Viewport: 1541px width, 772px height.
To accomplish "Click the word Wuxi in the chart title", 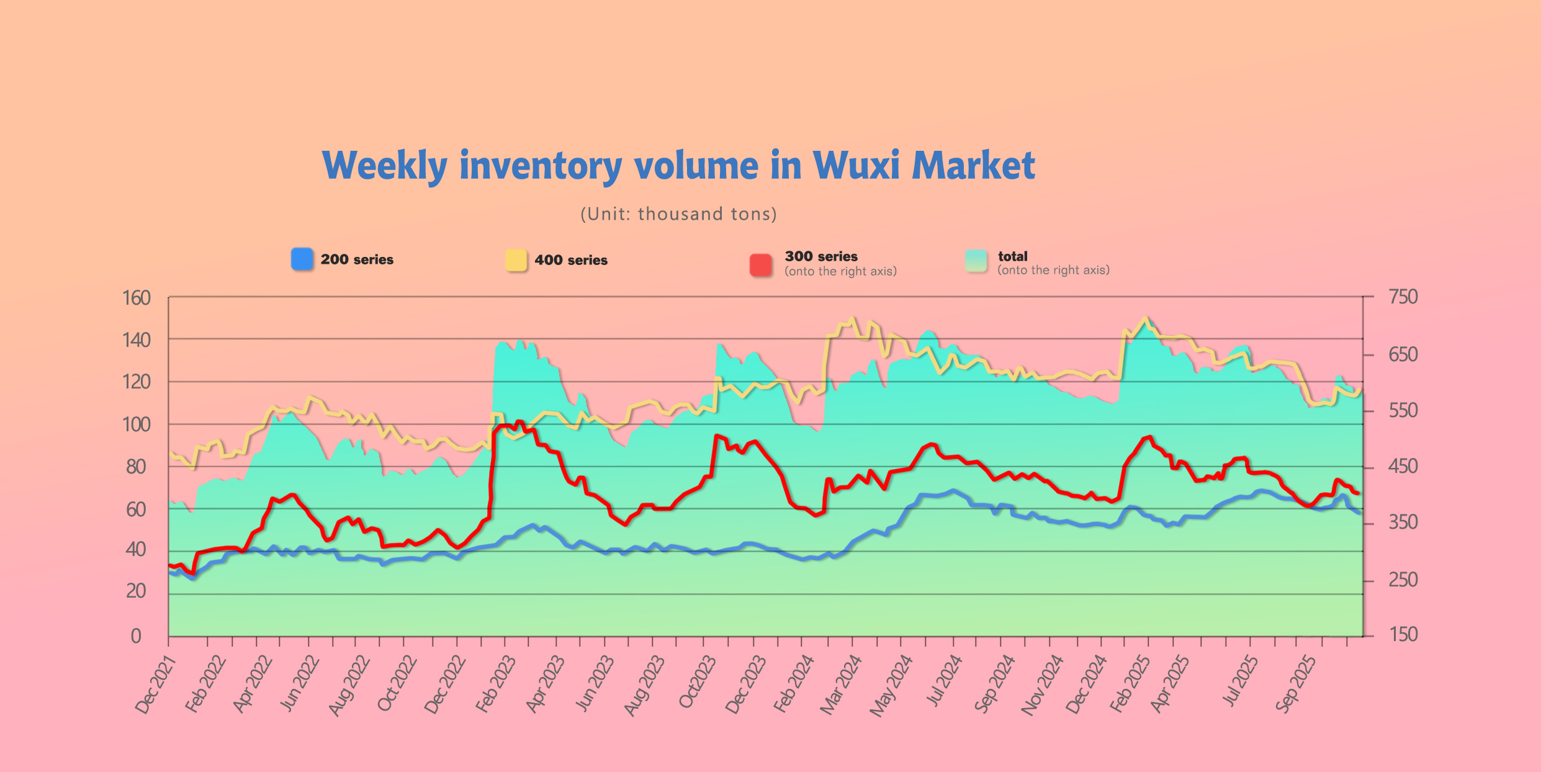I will click(x=856, y=166).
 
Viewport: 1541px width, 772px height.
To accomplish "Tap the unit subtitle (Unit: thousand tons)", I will click(x=678, y=214).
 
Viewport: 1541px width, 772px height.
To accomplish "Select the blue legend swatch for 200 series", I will click(x=302, y=259).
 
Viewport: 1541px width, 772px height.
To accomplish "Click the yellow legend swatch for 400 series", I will click(x=516, y=260).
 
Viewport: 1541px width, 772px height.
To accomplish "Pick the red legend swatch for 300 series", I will click(x=761, y=264).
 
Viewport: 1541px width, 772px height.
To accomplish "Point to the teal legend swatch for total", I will click(x=976, y=261).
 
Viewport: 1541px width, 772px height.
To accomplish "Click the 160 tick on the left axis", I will click(x=137, y=298).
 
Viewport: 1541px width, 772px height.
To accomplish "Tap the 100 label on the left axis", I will click(x=137, y=424).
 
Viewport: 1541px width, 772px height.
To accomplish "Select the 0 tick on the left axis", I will click(x=136, y=636).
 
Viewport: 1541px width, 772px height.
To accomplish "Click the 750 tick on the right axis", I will click(x=1403, y=297).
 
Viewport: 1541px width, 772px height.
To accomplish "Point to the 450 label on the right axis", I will click(x=1403, y=466).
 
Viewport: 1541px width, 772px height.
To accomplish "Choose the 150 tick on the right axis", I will click(x=1403, y=634).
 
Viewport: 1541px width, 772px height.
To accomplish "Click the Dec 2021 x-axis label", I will click(x=155, y=685).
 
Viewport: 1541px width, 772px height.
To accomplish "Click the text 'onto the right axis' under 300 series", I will click(x=840, y=271).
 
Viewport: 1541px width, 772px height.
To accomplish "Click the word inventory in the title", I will click(x=540, y=166).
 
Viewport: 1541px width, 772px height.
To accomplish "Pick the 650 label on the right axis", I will click(x=1403, y=354).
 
